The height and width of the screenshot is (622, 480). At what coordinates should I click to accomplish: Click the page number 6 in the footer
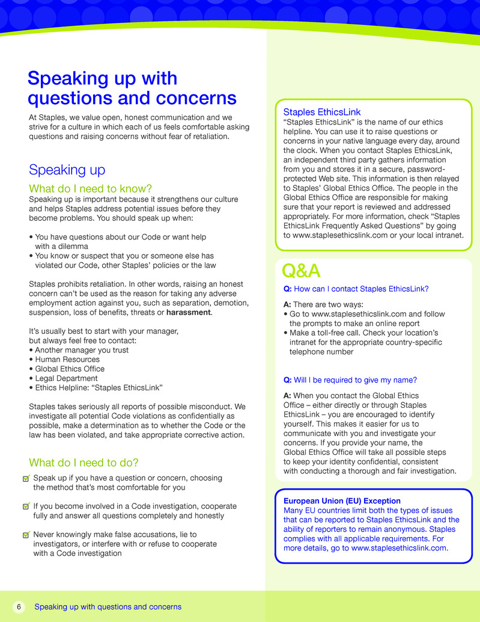tap(19, 607)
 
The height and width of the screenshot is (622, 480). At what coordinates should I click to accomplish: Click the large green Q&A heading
tap(301, 272)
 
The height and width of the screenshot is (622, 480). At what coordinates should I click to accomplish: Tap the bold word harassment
tap(188, 312)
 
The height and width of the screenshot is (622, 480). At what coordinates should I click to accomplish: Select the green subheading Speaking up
tap(67, 170)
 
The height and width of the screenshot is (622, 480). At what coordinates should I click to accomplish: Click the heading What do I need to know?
tap(90, 189)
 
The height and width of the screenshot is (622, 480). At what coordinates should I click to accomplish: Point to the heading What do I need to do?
tap(84, 463)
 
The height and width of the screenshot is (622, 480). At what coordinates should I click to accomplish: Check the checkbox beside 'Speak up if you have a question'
tap(25, 479)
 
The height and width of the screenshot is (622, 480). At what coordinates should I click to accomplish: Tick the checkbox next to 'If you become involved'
tap(25, 507)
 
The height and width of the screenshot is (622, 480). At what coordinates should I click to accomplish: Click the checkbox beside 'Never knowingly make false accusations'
tap(25, 535)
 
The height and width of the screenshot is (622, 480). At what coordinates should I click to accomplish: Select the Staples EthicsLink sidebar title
tap(321, 112)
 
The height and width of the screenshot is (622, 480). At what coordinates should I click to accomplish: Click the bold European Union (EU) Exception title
tap(342, 500)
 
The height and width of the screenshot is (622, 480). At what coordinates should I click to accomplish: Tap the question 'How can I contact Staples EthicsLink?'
tap(360, 289)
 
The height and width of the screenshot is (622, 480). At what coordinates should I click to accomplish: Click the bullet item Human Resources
tap(67, 359)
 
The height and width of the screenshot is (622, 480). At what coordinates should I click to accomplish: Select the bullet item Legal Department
tap(66, 378)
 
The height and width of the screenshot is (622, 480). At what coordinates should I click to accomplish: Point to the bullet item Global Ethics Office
tap(69, 369)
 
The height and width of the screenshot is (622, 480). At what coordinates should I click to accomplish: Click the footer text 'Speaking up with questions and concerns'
tap(108, 607)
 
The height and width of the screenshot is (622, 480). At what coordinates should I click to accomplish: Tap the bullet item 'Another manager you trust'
tap(82, 350)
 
